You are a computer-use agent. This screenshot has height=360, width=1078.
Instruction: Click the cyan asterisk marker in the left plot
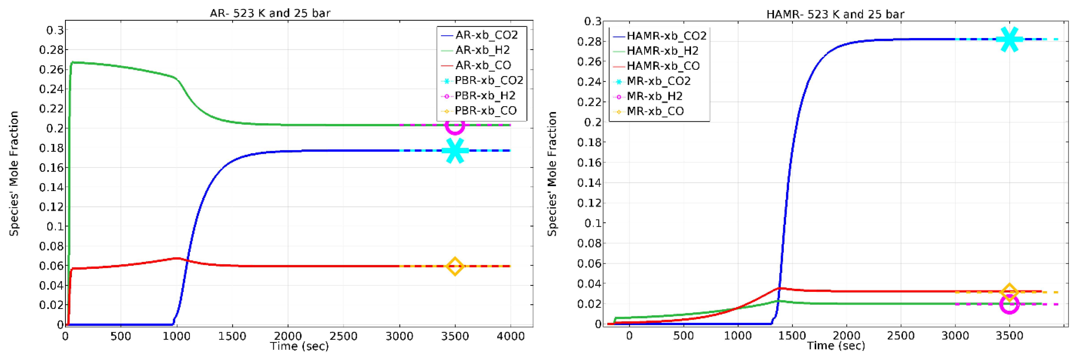coord(455,150)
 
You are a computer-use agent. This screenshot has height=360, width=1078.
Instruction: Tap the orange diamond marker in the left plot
coord(455,266)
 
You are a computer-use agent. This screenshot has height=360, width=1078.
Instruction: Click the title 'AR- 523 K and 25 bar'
coord(270,13)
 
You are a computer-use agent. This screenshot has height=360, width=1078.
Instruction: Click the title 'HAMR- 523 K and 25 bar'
coord(835,14)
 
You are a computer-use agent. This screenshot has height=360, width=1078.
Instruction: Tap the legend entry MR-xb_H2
coord(655,96)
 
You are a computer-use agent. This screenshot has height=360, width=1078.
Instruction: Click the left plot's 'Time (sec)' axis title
coord(299,346)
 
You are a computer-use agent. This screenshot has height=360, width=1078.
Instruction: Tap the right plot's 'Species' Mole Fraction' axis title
coord(552,174)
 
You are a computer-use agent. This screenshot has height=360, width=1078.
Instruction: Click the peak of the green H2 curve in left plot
coord(74,62)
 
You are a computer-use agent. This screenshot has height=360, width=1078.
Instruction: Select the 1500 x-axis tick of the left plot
coord(232,336)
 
